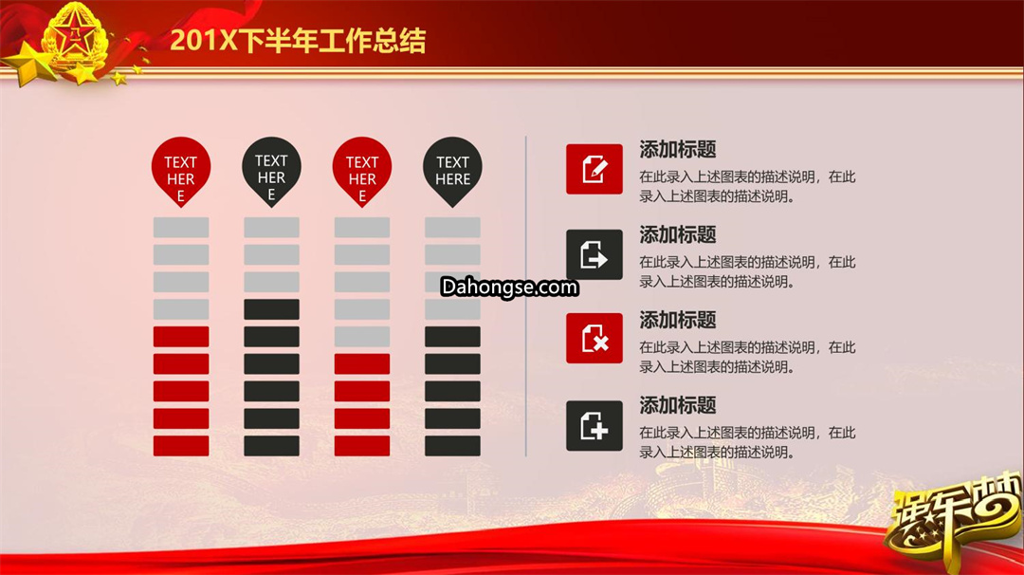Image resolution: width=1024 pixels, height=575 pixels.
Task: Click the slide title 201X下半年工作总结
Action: point(298,41)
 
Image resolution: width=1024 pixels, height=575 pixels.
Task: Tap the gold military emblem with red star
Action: point(75,38)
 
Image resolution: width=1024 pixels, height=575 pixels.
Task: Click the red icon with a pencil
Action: point(594,169)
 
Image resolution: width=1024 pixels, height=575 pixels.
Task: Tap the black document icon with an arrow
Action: point(594,255)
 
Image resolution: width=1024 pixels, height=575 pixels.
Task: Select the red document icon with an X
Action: point(594,339)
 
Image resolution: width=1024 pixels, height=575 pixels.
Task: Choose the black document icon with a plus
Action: point(594,425)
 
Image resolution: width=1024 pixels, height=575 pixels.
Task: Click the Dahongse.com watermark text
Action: point(509,287)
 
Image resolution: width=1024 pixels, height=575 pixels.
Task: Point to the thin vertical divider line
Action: point(525,296)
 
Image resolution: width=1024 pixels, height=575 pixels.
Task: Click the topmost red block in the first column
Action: point(181,337)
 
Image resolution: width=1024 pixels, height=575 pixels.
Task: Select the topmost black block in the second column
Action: point(272,309)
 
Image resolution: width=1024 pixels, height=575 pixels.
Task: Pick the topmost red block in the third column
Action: point(362,364)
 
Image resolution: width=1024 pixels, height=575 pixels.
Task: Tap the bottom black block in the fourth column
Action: point(452,446)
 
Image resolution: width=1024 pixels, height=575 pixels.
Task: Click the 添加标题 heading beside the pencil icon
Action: point(677,149)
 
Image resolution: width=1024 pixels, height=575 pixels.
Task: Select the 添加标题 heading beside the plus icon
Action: point(677,405)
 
